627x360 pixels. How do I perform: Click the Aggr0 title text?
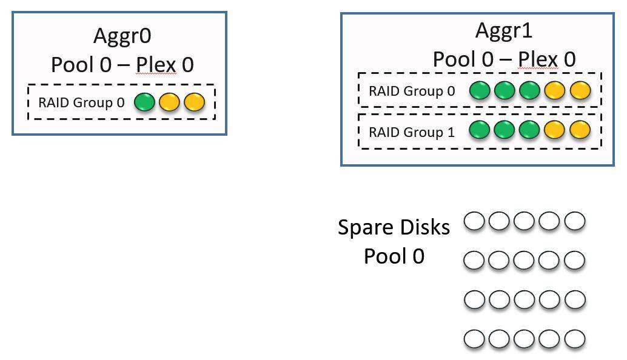click(x=122, y=36)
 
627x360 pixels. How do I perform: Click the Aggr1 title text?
click(x=504, y=31)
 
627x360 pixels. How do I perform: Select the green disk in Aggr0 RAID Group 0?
click(x=144, y=102)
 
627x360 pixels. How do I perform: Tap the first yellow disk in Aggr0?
click(x=169, y=102)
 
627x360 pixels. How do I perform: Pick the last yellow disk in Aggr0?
click(x=193, y=102)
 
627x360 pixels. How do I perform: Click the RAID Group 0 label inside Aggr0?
click(x=81, y=102)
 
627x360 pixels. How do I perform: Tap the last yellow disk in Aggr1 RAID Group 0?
click(x=580, y=91)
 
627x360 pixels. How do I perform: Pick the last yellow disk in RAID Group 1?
click(x=580, y=130)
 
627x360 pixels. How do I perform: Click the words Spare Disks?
click(x=394, y=227)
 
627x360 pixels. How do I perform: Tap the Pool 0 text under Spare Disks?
click(x=394, y=256)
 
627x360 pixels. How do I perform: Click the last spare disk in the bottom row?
click(x=574, y=338)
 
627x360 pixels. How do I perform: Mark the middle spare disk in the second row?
click(x=525, y=261)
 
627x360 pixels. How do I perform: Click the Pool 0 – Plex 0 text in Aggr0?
click(x=121, y=64)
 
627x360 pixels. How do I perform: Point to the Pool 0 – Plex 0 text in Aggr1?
click(x=504, y=59)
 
